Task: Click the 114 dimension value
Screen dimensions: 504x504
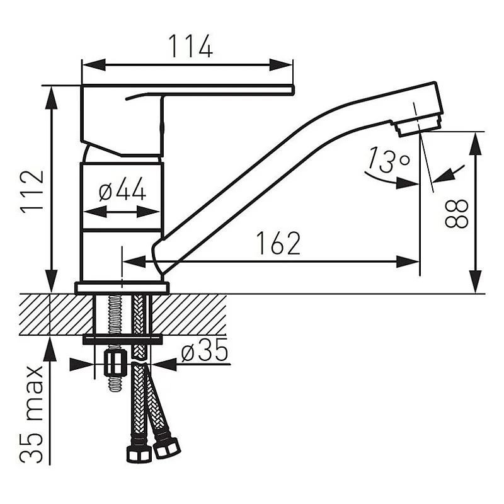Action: coord(190,46)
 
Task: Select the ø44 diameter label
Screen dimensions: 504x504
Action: coord(122,189)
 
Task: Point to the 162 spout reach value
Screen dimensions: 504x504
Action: coord(278,243)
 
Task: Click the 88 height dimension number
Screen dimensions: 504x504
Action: coord(456,214)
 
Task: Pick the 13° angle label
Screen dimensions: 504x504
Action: coord(389,159)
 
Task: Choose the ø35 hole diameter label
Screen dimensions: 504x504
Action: coord(204,350)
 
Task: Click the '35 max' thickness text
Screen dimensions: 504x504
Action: coord(31,415)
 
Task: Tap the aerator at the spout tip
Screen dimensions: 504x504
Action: coord(418,125)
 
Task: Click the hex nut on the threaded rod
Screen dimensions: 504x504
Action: coord(115,363)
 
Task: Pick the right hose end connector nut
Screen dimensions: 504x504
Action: coord(166,447)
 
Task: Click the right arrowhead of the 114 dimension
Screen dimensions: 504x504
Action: coord(280,65)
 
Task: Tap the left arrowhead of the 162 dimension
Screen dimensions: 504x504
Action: coord(134,261)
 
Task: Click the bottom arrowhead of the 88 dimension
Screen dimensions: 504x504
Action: coord(476,282)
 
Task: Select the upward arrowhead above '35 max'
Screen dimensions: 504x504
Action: coord(50,348)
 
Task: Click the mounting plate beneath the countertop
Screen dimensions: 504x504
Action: coord(122,340)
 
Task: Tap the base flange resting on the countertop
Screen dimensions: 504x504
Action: coord(122,288)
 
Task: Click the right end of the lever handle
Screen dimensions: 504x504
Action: coord(293,89)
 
